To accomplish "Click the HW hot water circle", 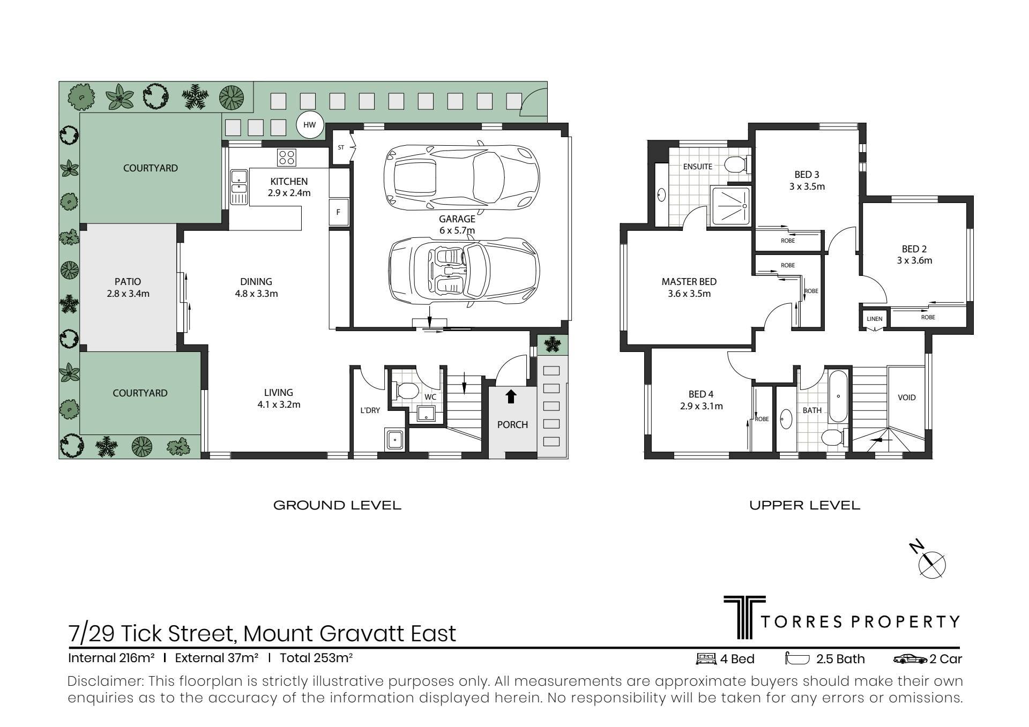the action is click(x=310, y=125).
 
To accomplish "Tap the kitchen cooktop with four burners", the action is click(x=286, y=157).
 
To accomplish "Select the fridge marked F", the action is click(x=339, y=212).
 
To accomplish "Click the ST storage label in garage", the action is click(x=341, y=147).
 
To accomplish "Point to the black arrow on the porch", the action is click(x=511, y=396).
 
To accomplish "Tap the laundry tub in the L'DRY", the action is click(x=395, y=439).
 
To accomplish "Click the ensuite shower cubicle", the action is click(x=732, y=206).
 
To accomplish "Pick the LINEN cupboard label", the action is click(x=874, y=319).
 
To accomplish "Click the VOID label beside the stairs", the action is click(x=907, y=398).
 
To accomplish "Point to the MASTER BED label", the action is click(x=689, y=282).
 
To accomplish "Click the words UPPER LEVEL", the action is click(x=804, y=505).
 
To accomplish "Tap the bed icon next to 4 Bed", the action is click(x=705, y=659).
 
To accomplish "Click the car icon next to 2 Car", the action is click(x=911, y=659).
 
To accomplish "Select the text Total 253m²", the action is click(x=316, y=658).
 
